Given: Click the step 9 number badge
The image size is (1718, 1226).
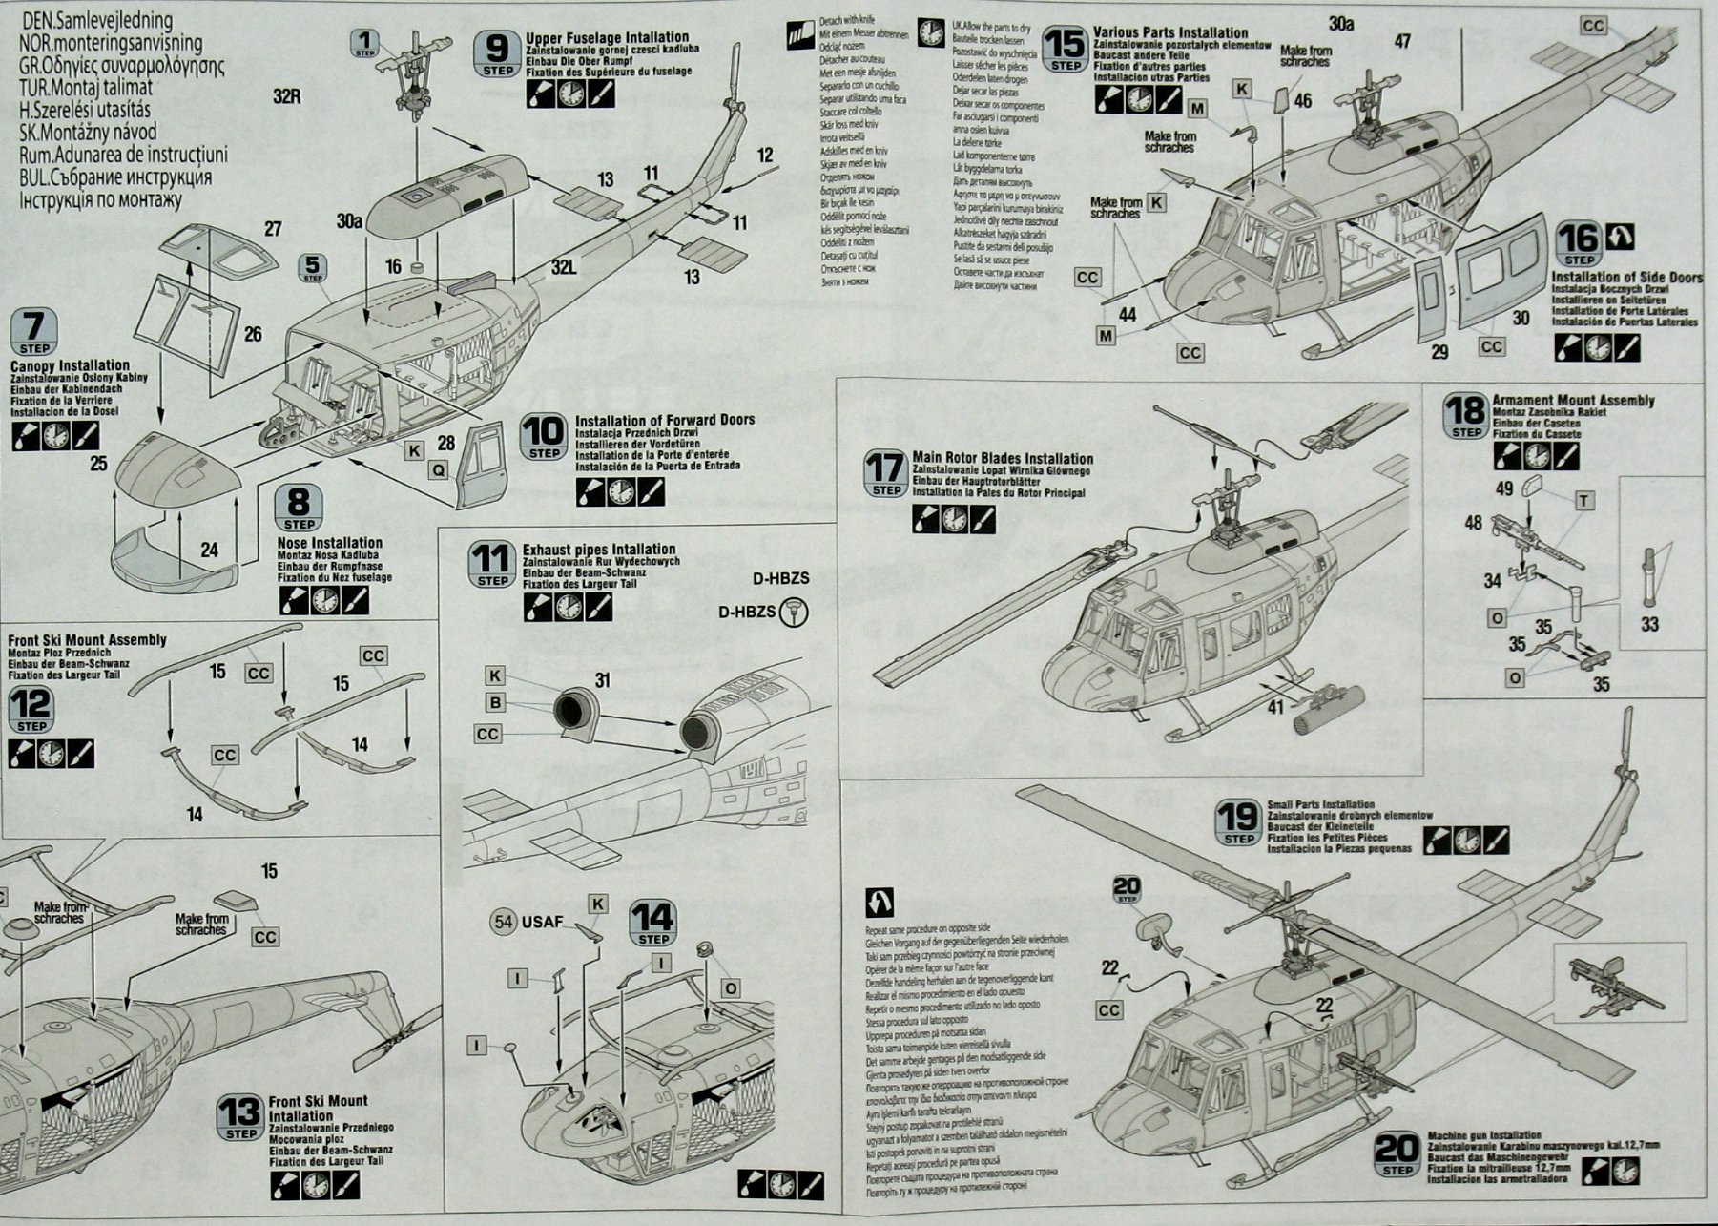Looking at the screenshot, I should [497, 53].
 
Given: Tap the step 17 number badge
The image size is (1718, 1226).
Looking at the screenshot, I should [884, 474].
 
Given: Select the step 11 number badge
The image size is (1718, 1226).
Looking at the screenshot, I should [493, 565].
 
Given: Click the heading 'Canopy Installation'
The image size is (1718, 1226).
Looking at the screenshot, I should [70, 365].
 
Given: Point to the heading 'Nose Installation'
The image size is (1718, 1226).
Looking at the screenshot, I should [329, 543].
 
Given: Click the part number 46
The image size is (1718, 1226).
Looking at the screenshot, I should [1302, 100].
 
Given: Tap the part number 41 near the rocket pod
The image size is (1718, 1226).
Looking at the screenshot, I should [1275, 708].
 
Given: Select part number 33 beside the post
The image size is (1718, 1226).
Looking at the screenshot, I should [1649, 624].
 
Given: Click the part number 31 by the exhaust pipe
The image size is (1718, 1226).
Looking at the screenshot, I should [602, 680].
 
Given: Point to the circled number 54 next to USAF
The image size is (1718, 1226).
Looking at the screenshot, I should [505, 922].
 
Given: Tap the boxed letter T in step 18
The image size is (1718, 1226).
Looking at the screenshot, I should [1584, 501].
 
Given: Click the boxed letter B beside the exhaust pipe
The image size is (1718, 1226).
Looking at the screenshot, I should [495, 703].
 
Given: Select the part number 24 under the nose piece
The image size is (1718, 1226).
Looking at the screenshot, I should [209, 550].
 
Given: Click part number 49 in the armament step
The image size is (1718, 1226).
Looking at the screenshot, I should [1504, 488].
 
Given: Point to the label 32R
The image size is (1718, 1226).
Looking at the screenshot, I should [286, 96].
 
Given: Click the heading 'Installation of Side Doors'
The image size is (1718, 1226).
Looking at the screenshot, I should [1626, 278].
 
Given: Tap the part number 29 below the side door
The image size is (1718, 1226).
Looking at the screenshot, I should [1439, 352].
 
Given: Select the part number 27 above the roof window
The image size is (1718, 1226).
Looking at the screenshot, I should [273, 229].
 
